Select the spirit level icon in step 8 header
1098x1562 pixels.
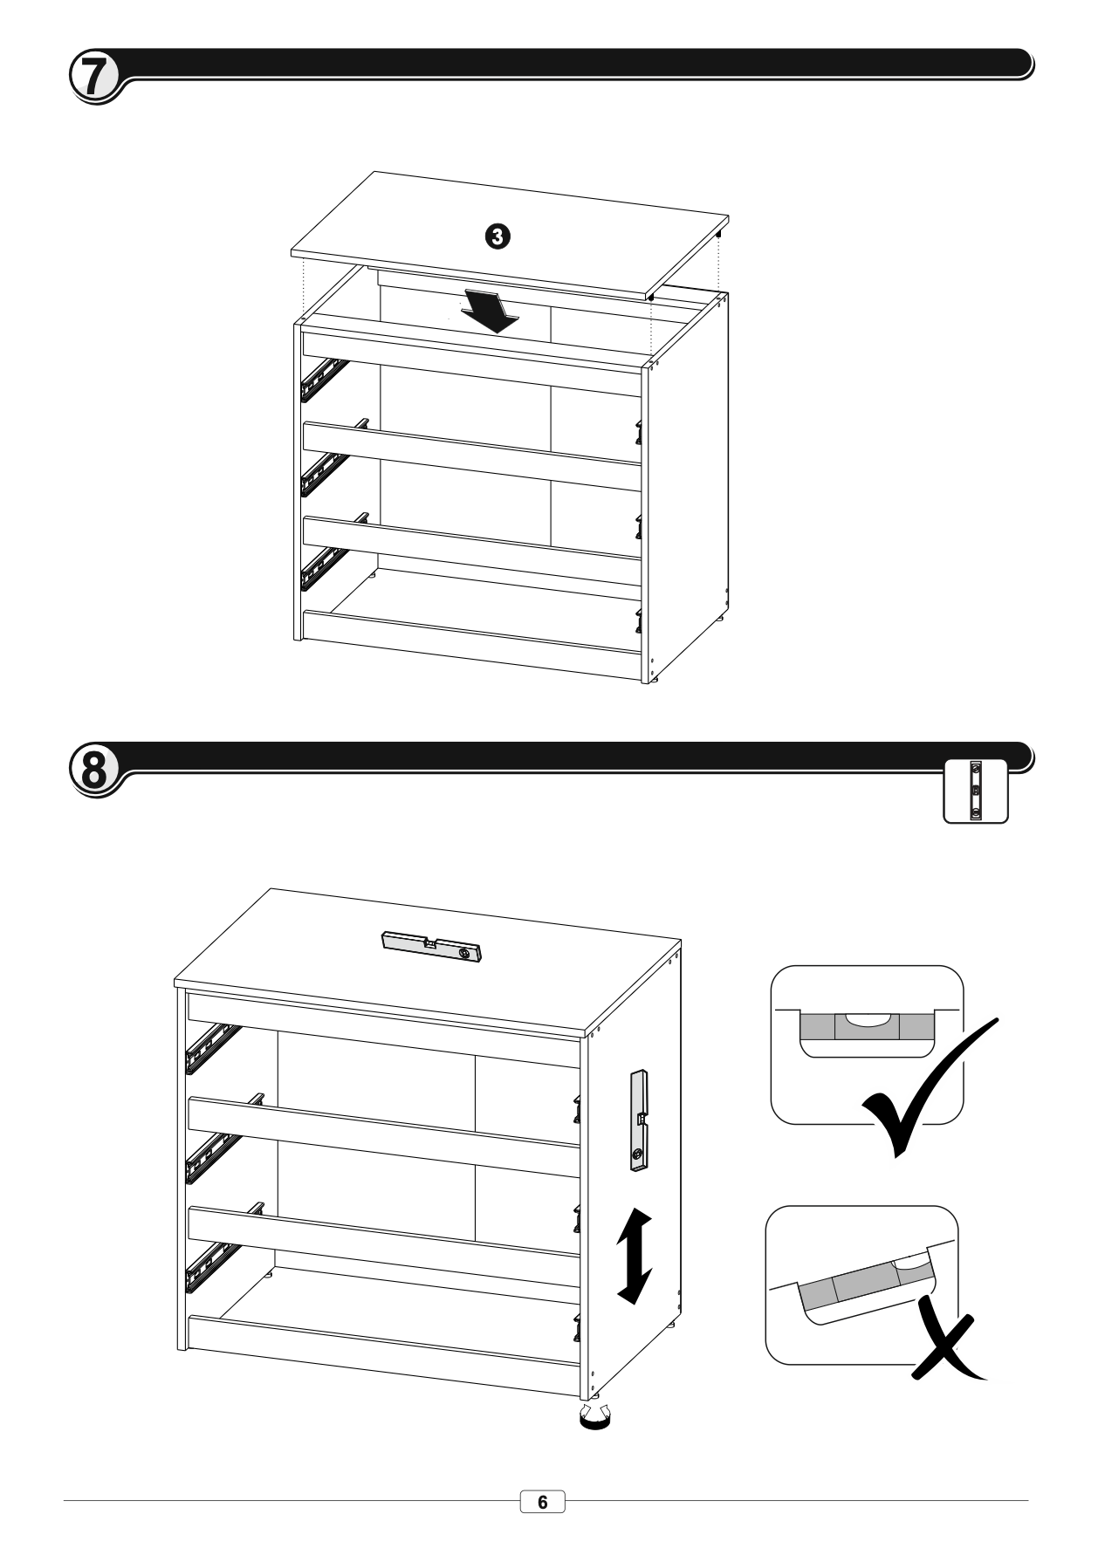[x=976, y=791]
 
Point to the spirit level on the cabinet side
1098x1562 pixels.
[x=641, y=1120]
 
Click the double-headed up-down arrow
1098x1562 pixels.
[x=635, y=1256]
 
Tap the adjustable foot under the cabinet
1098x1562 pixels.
[x=597, y=1419]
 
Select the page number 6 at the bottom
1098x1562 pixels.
[x=543, y=1502]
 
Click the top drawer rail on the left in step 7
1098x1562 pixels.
[x=324, y=380]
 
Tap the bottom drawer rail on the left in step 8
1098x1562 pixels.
[x=211, y=1267]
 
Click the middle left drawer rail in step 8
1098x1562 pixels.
[x=211, y=1158]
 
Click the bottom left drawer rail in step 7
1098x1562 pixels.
[x=324, y=569]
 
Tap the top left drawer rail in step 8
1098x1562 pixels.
[x=211, y=1048]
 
